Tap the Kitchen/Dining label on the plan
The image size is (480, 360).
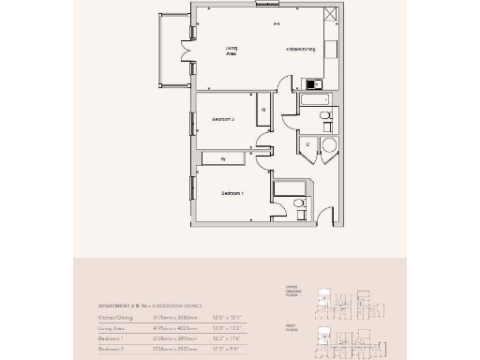300,48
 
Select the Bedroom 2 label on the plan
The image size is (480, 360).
223,120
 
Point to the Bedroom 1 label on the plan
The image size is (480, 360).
232,193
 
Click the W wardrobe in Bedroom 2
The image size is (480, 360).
263,111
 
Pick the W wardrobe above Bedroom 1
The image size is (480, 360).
223,158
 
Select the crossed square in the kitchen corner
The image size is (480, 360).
329,14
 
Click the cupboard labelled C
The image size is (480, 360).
307,144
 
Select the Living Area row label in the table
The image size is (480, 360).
113,328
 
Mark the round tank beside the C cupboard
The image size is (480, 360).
327,144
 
